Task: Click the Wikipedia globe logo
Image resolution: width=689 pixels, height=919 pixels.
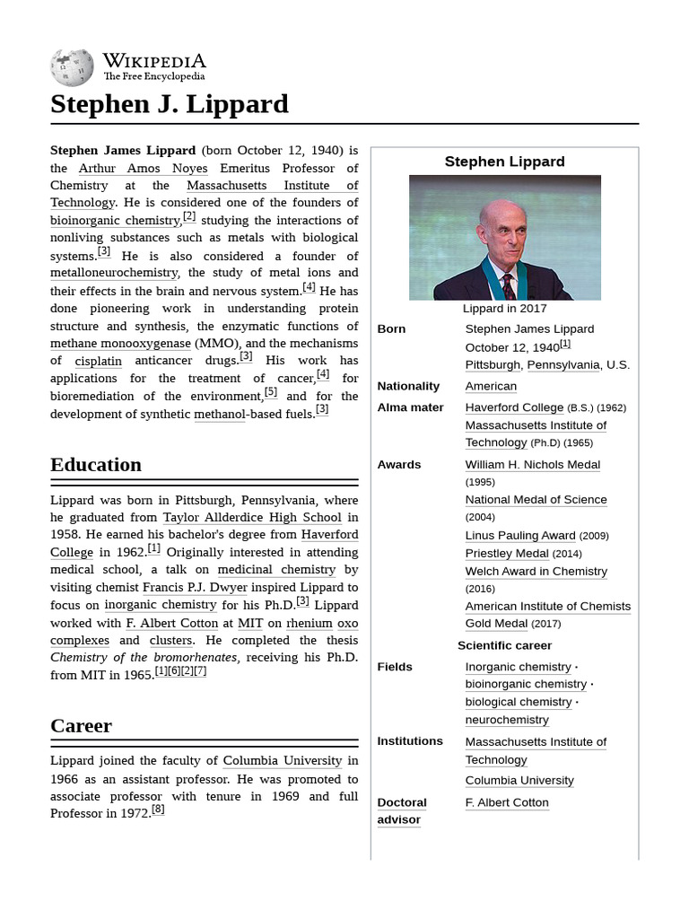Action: click(72, 66)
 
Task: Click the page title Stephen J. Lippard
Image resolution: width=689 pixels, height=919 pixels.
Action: click(170, 104)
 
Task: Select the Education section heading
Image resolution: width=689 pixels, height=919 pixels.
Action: click(96, 465)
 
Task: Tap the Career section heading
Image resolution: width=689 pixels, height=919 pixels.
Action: click(81, 725)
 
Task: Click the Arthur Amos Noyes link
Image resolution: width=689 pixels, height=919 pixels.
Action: click(143, 168)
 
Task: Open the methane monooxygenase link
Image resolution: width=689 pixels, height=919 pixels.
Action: click(120, 343)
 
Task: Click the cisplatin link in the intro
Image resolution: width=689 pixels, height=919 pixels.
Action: click(98, 361)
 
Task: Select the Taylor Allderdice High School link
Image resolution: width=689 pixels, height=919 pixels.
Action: click(252, 517)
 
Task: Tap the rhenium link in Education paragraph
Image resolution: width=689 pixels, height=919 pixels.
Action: click(310, 622)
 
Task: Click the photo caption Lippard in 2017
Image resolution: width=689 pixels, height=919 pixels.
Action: click(504, 309)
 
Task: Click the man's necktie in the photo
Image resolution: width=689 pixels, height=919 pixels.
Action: click(509, 287)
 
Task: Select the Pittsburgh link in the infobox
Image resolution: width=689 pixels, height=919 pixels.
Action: click(493, 364)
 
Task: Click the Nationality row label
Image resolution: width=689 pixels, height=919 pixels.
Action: click(408, 386)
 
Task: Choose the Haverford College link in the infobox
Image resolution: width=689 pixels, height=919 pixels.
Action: click(514, 407)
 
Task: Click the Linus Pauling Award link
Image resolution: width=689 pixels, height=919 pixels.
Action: click(520, 536)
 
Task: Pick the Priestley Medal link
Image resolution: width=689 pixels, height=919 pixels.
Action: click(507, 554)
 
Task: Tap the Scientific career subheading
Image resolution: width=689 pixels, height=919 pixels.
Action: click(504, 645)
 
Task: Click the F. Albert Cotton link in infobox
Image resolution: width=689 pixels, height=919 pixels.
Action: click(507, 802)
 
